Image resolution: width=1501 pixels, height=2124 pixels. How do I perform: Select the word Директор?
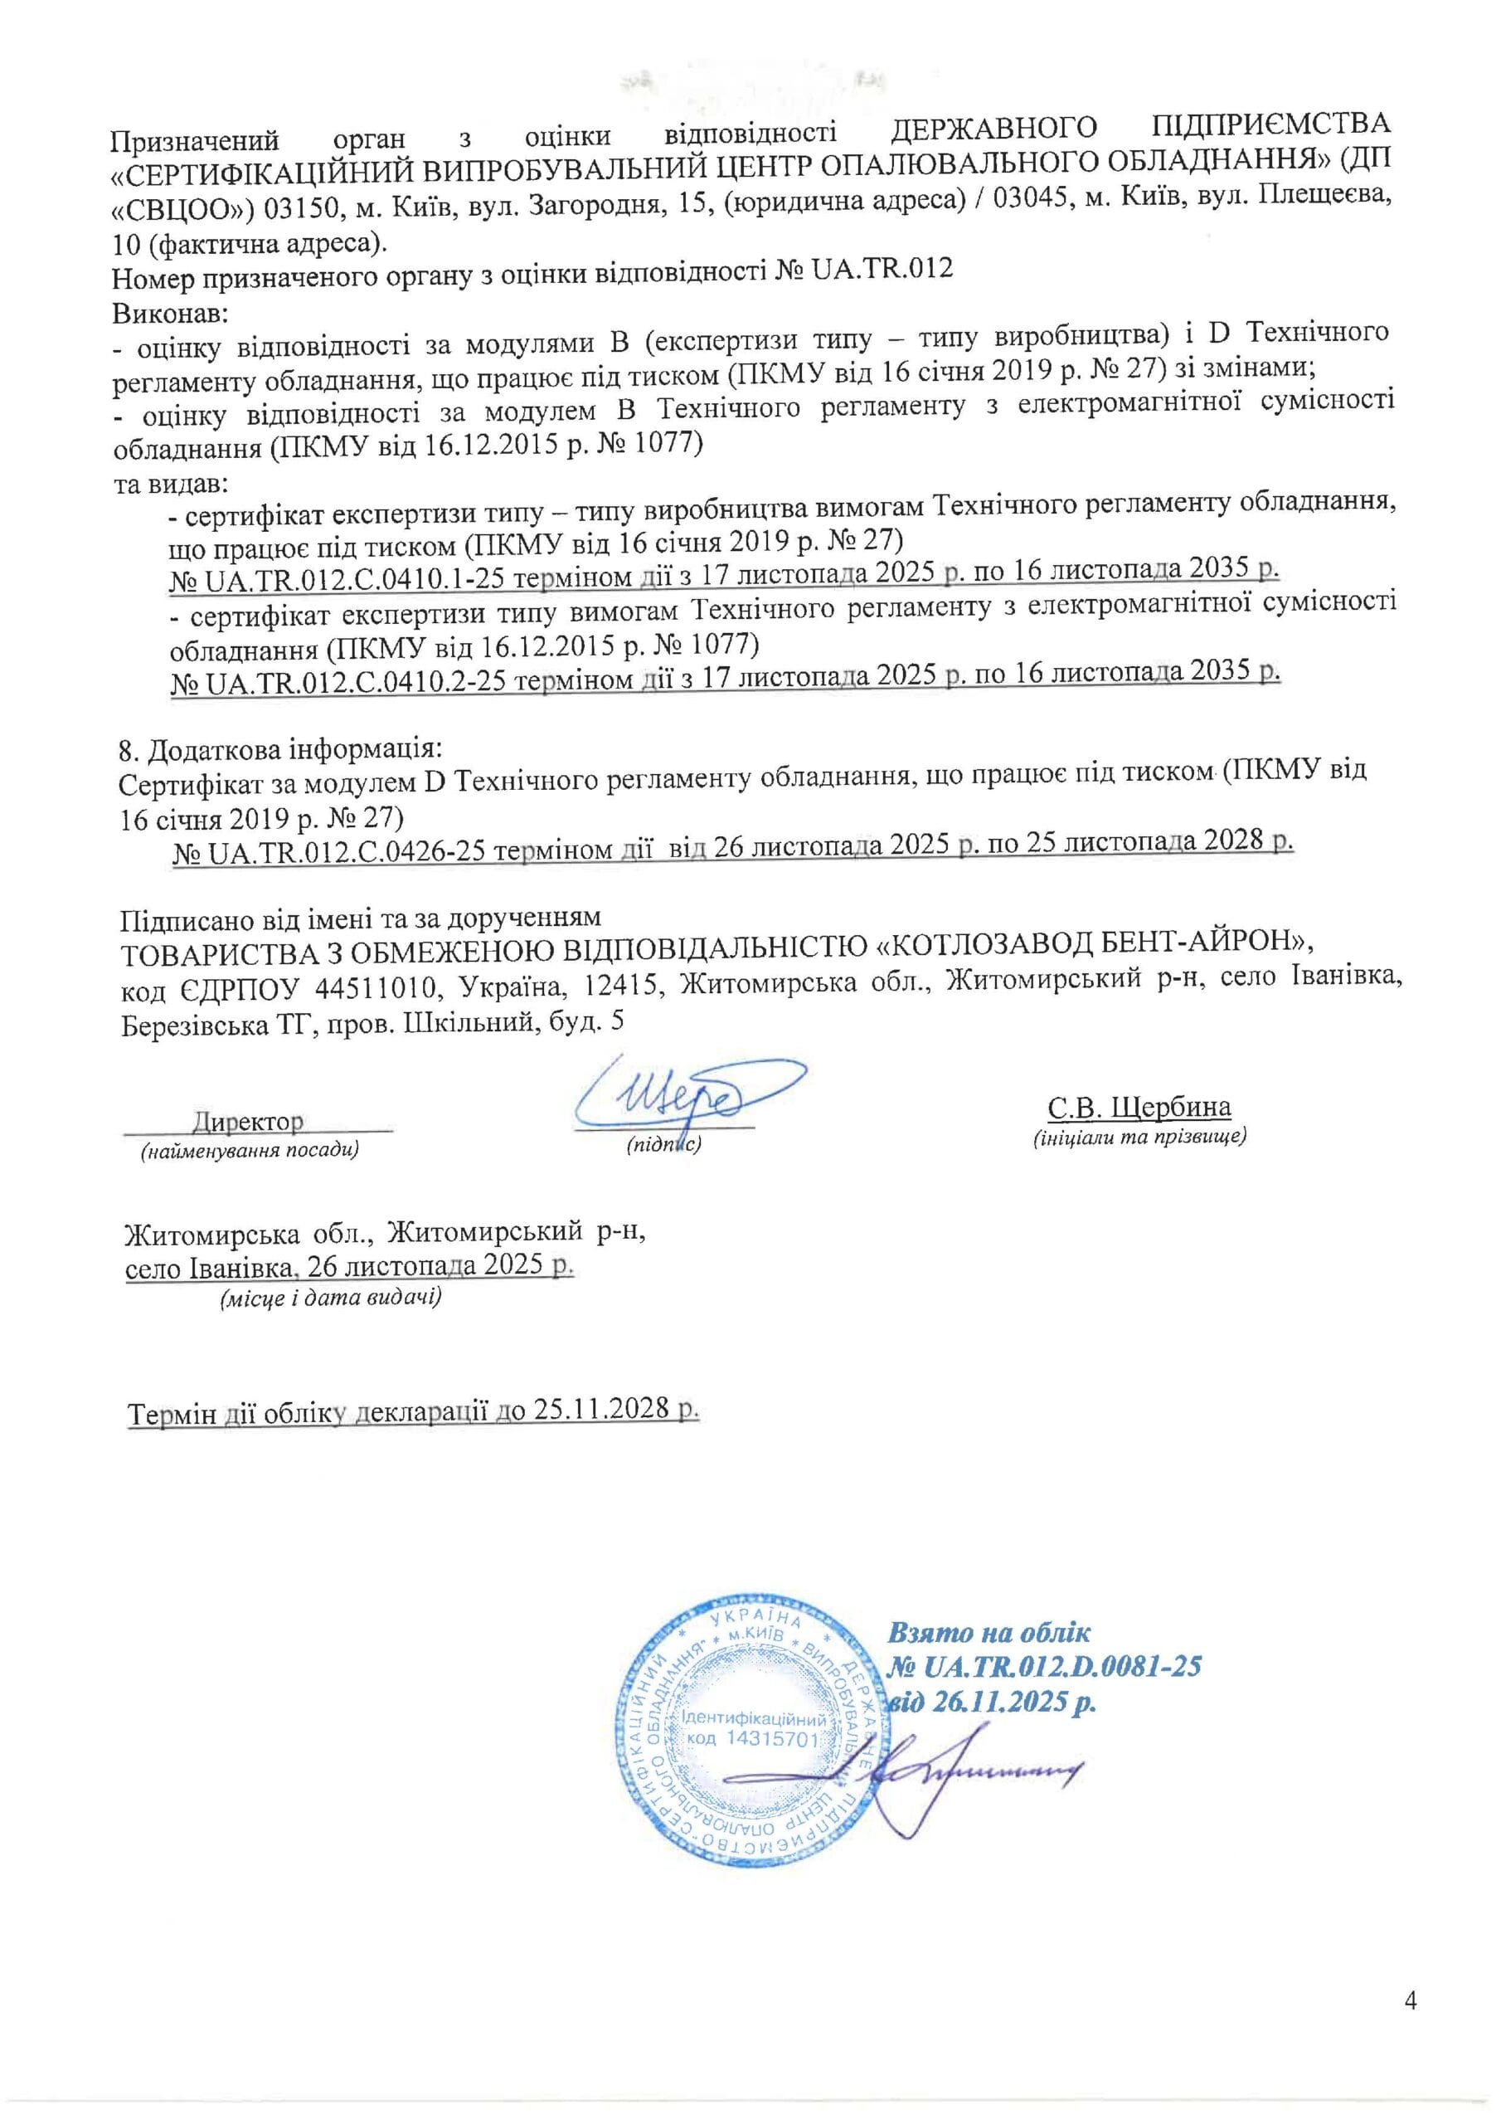tap(247, 1121)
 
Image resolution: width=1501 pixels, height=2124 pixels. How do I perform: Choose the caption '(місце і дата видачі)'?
tap(329, 1298)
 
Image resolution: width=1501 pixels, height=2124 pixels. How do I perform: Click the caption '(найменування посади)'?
tap(249, 1151)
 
